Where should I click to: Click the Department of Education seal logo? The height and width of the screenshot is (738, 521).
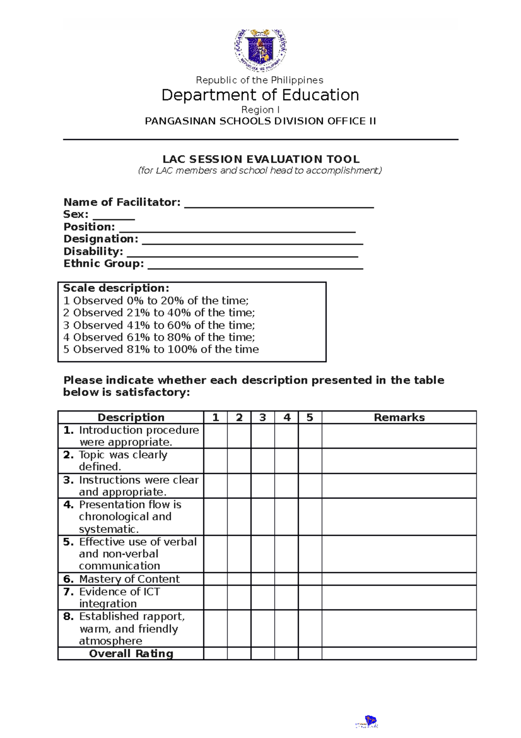(x=260, y=50)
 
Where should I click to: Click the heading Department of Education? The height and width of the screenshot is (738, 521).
(x=260, y=95)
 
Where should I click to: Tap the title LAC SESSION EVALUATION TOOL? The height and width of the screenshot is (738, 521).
(x=260, y=159)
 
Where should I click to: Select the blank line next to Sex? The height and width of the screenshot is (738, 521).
(x=114, y=216)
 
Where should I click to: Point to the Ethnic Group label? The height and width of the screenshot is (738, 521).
(x=103, y=263)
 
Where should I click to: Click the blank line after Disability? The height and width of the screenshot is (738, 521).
(x=242, y=253)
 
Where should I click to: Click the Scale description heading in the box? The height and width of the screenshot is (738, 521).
(x=116, y=288)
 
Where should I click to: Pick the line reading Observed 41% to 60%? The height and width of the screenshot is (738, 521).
(x=159, y=325)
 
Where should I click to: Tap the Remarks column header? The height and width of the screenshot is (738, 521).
(x=399, y=417)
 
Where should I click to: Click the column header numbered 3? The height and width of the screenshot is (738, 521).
(x=262, y=417)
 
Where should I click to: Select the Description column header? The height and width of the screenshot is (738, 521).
(x=131, y=417)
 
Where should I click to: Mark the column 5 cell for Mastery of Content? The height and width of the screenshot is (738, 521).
(x=310, y=579)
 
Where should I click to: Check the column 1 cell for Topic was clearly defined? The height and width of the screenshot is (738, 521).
(x=215, y=461)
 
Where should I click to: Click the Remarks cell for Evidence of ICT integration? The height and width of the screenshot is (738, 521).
(x=399, y=598)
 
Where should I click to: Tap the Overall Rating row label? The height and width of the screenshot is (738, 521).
(x=131, y=653)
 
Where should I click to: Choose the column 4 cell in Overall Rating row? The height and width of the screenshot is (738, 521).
(x=286, y=653)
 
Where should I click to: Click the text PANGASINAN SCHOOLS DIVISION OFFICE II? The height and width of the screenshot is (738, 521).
(x=260, y=121)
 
